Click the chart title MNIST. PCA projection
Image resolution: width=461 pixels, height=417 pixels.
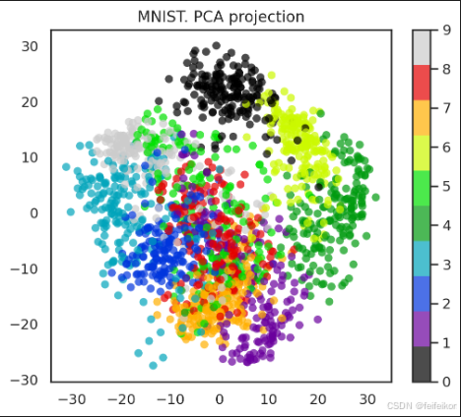pos(221,17)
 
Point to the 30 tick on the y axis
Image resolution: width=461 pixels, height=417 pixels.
pos(30,46)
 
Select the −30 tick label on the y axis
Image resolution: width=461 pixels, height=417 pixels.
pos(25,381)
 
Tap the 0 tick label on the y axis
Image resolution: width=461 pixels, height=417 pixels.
pos(34,213)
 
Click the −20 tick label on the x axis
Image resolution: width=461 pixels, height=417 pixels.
pos(121,399)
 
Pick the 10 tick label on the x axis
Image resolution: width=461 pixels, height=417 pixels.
pos(269,399)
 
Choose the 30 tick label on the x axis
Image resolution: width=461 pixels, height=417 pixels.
pos(367,399)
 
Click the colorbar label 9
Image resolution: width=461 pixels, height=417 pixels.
pos(446,30)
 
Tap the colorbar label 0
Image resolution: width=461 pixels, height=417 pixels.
pos(446,382)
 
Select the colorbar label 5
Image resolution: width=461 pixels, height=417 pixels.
pos(446,187)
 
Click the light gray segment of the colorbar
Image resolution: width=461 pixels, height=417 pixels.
pos(422,47)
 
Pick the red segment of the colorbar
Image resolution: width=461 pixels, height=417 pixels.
pos(422,83)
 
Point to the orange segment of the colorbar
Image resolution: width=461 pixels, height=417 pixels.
pos(422,118)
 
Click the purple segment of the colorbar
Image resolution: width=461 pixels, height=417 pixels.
pos(422,328)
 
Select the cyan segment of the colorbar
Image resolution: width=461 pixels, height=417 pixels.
pos(422,259)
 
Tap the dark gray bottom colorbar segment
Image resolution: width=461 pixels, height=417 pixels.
pos(422,364)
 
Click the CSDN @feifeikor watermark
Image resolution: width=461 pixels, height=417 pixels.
pos(422,406)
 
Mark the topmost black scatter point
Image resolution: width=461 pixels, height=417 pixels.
pos(216,45)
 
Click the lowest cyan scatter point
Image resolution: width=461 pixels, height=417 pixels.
pos(153,365)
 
